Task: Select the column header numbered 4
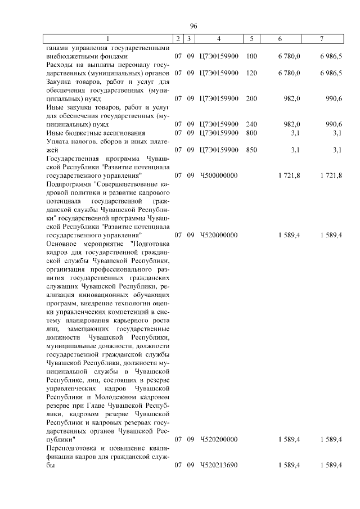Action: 219,39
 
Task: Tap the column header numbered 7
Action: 321,39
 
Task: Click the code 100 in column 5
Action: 251,56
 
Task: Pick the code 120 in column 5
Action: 251,73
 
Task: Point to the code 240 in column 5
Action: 251,124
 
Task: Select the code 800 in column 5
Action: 251,132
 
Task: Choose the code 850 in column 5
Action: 251,150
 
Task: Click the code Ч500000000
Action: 219,175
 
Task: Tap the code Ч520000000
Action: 219,235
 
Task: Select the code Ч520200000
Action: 219,439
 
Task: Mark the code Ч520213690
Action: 219,465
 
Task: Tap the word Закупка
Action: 59,82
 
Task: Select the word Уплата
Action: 58,141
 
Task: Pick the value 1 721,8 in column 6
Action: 289,175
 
